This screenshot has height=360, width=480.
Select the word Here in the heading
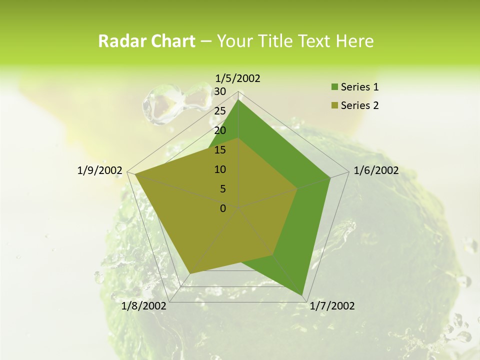(354, 41)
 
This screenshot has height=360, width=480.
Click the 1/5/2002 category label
(238, 78)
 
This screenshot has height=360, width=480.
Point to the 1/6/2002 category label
(376, 170)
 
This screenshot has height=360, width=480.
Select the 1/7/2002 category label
(332, 306)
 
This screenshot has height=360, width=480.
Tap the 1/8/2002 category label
(144, 306)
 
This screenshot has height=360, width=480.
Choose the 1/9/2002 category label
(99, 170)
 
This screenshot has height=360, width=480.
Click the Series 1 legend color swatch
(334, 87)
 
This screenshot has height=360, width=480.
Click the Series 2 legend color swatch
(334, 105)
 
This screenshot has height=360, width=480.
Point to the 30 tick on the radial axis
(220, 91)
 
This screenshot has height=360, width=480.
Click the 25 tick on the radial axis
(220, 111)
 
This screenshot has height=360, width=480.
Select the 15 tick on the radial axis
(220, 150)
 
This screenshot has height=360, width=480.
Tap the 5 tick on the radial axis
(223, 189)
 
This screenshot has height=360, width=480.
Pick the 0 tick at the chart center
(223, 208)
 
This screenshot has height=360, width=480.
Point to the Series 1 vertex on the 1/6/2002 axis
(330, 177)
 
